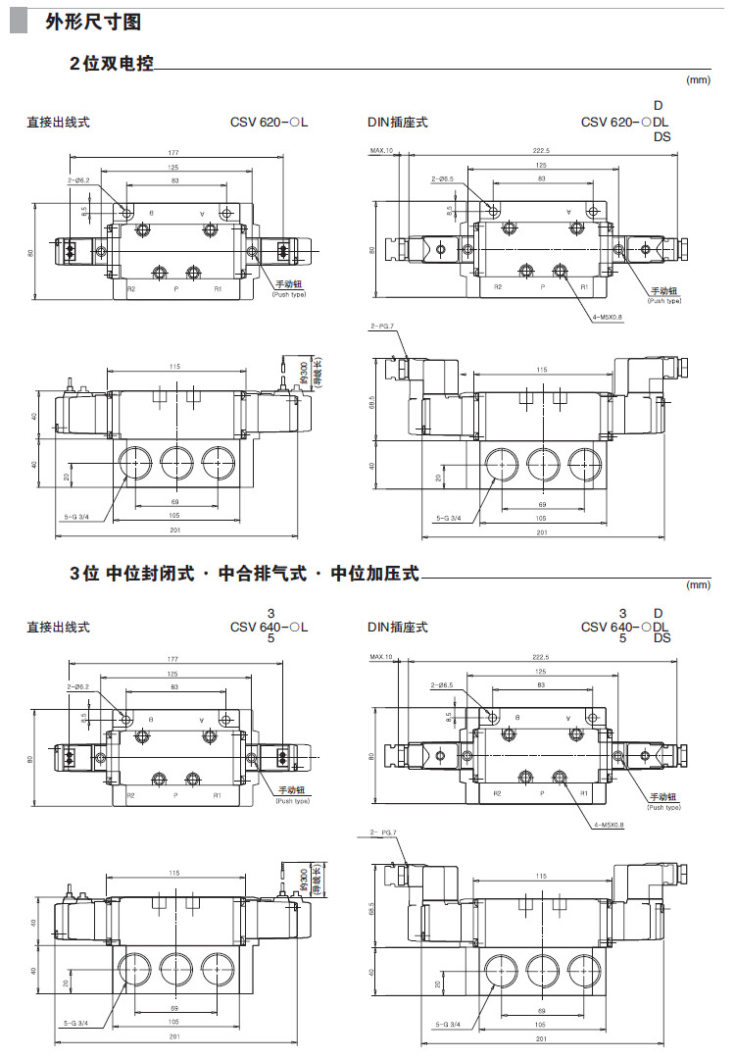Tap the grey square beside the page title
18,22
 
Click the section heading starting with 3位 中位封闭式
244,574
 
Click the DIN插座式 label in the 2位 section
397,123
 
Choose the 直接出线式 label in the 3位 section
58,627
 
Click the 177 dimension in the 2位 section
173,152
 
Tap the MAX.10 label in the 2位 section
381,151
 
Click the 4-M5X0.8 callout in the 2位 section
608,317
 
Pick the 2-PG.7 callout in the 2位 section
382,326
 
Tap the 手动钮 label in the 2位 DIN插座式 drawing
666,291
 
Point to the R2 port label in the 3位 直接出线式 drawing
130,795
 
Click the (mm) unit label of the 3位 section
698,585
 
